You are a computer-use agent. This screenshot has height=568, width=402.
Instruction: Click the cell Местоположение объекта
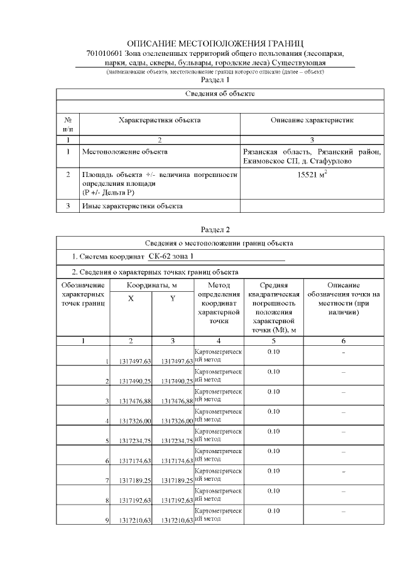[124, 151]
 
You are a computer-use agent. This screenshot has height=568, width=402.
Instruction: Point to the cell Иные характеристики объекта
[132, 206]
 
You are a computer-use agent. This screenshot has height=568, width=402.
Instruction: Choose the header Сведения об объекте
[220, 94]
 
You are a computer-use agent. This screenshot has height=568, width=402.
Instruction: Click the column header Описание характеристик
[312, 119]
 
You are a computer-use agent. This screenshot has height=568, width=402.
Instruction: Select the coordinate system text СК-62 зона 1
[171, 257]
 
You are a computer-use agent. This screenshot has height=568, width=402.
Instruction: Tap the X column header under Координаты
[131, 299]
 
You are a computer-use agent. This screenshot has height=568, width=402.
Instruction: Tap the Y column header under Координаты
[173, 299]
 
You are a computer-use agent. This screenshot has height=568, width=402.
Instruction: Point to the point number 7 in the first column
[107, 481]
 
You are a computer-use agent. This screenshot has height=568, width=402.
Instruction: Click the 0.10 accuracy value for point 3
[273, 391]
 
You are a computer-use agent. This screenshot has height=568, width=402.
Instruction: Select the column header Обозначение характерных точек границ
[83, 294]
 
